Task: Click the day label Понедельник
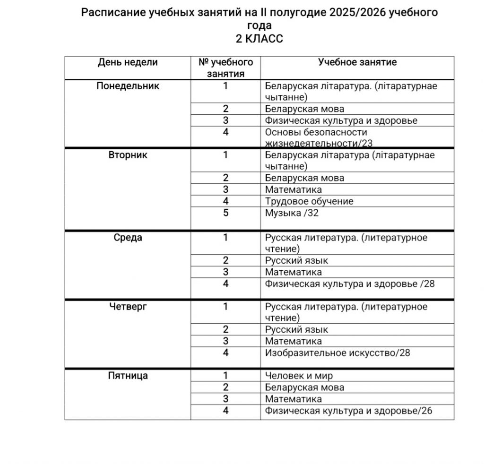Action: (x=128, y=86)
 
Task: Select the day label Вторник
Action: (x=128, y=155)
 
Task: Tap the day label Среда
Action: (x=128, y=238)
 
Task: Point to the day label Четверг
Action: (x=128, y=307)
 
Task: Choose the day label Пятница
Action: (x=128, y=376)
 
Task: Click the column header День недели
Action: (x=128, y=62)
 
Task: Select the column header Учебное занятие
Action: (x=357, y=62)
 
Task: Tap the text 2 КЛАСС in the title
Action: (x=259, y=39)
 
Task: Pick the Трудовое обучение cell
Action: (x=309, y=201)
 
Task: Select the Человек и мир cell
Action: (x=299, y=376)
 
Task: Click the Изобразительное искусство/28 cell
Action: (x=337, y=352)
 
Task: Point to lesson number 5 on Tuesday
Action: (x=226, y=213)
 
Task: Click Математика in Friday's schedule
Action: (x=293, y=399)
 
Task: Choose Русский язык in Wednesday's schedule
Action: (x=296, y=260)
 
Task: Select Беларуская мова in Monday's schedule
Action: (x=304, y=109)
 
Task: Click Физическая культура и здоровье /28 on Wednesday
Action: (x=349, y=284)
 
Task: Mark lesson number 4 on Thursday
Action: (x=226, y=352)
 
